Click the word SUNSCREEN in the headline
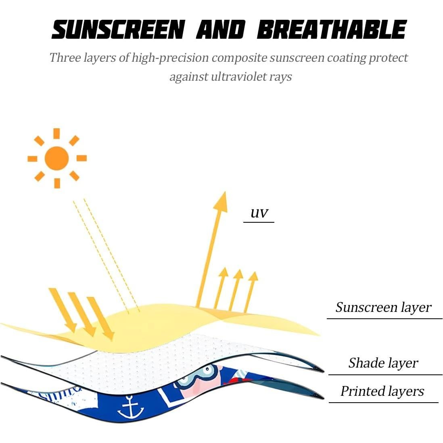pyautogui.click(x=118, y=29)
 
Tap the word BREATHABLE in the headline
pyautogui.click(x=332, y=29)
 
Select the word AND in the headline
pyautogui.click(x=221, y=29)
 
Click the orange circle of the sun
pyautogui.click(x=57, y=158)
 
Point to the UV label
pyautogui.click(x=259, y=213)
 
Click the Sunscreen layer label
pyautogui.click(x=383, y=307)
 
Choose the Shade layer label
pyautogui.click(x=383, y=363)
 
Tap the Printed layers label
pyautogui.click(x=382, y=391)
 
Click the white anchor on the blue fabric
pyautogui.click(x=130, y=407)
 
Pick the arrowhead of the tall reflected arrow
pyautogui.click(x=221, y=201)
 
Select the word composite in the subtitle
pyautogui.click(x=239, y=58)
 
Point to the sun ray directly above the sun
pyautogui.click(x=56, y=134)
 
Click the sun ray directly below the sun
pyautogui.click(x=57, y=183)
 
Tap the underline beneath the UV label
pyautogui.click(x=259, y=222)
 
